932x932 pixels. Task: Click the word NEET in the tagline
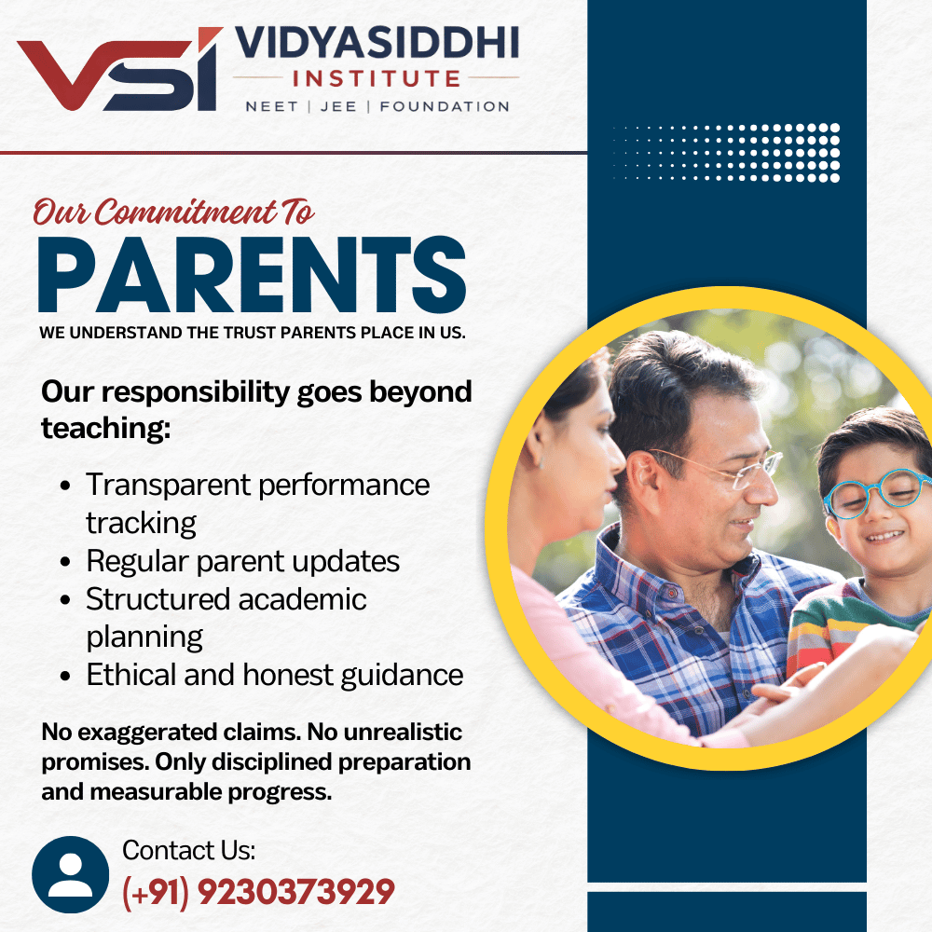pos(271,106)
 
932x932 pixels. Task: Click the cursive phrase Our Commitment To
pos(173,212)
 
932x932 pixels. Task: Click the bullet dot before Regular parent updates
pos(65,562)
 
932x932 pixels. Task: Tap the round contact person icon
pos(70,874)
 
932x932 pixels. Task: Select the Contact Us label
pos(188,851)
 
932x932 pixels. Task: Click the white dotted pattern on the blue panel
pos(727,152)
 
